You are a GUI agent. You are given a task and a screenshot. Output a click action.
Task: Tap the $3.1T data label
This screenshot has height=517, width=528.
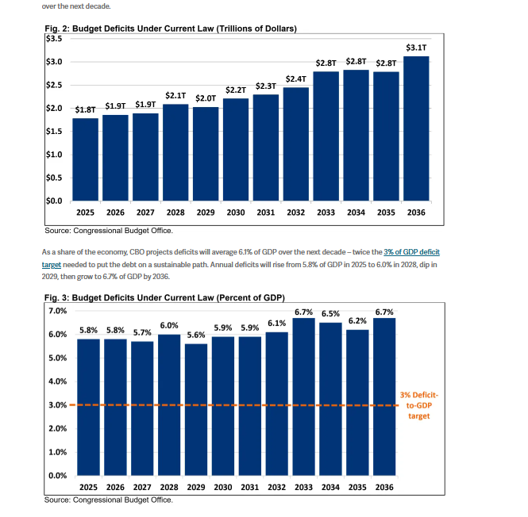[x=416, y=48]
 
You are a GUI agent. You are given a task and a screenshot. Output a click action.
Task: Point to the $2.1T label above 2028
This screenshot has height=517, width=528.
[x=175, y=95]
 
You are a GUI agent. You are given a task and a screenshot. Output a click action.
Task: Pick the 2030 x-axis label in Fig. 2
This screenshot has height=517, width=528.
[x=236, y=213]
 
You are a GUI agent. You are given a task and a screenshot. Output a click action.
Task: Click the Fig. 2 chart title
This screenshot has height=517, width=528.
[x=171, y=29]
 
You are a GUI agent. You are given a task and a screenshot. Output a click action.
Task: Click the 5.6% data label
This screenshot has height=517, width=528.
[x=195, y=335]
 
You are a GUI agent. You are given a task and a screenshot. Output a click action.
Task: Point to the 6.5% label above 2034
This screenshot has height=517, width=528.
[x=331, y=314]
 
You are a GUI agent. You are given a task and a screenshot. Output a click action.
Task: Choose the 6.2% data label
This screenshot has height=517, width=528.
[x=358, y=321]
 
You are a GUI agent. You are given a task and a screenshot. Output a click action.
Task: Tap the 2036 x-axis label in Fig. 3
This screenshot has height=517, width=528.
[x=384, y=487]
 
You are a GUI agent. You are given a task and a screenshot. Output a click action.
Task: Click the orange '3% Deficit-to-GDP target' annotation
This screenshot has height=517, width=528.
[x=419, y=404]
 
